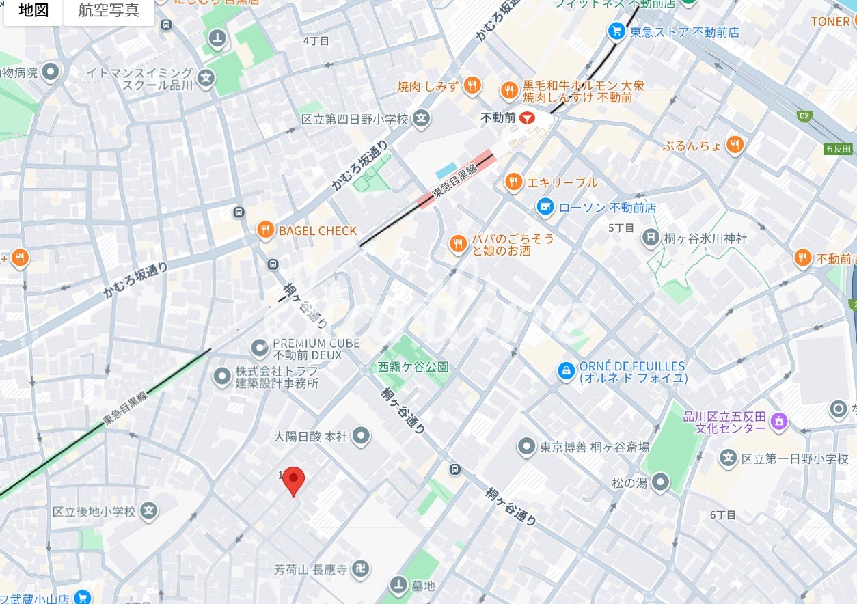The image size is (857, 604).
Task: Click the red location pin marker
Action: [293, 480]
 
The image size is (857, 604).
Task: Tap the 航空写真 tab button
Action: [109, 11]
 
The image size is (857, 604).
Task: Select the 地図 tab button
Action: [33, 11]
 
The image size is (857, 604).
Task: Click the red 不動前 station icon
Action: [526, 118]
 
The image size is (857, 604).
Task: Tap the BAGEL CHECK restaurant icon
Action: [265, 230]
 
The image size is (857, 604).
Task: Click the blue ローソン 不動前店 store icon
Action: [545, 206]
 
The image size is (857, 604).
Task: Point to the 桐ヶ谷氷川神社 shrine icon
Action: [650, 238]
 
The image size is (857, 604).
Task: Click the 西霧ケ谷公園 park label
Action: [413, 367]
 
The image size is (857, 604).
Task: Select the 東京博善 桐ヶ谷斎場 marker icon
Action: [526, 447]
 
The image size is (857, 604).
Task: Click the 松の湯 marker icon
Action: [659, 483]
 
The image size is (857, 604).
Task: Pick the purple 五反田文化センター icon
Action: [778, 421]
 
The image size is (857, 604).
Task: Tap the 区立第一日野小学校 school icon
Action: [729, 458]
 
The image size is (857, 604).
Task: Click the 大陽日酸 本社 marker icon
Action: [362, 435]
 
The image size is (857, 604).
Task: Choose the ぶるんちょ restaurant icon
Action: [735, 145]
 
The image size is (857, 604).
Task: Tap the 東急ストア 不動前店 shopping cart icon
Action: [616, 31]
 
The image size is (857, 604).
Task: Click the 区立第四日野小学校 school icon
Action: [422, 119]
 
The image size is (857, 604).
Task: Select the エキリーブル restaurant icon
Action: [513, 182]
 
